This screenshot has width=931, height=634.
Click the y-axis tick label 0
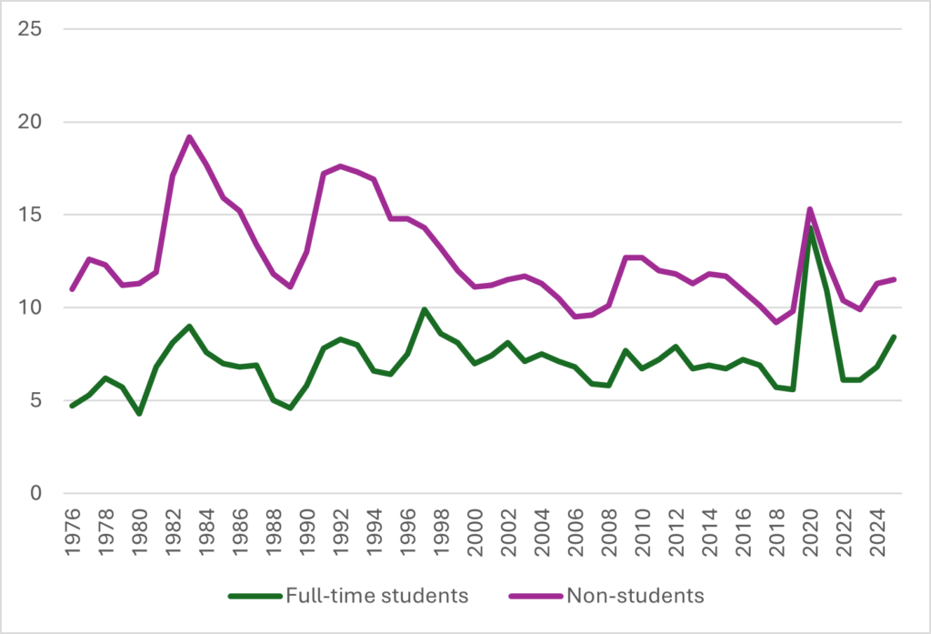coord(35,493)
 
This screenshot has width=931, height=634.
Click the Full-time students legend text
coord(377,597)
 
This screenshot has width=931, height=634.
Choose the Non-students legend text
coord(636,597)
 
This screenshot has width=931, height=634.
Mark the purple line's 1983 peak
coord(189,137)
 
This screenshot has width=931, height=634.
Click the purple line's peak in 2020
coord(810,209)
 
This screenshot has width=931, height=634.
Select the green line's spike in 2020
coord(810,228)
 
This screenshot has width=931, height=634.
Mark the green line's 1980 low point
coord(139,414)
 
